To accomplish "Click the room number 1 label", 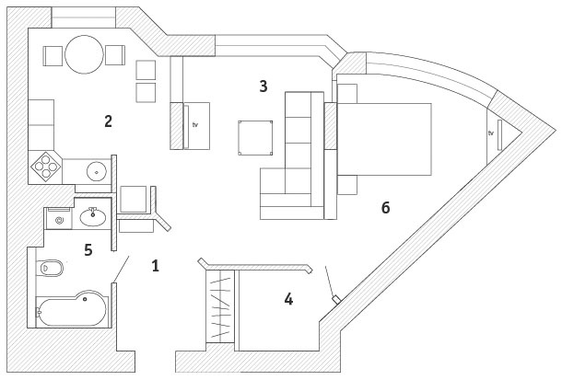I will point(155,266).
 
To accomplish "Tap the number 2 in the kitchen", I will point(108,121).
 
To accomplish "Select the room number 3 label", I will point(263,86).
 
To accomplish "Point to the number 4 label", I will point(288,299).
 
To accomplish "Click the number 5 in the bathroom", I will point(88,249).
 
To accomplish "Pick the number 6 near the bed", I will point(385,208).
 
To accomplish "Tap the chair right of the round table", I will point(115,55).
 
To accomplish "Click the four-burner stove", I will point(46,167).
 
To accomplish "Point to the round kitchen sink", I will point(96,170).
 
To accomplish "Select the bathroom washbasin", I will point(93,217).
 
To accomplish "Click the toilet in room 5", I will point(52,269).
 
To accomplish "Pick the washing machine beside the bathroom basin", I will point(59,220).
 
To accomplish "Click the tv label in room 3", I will point(195,122).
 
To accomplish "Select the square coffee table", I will point(255,137).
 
